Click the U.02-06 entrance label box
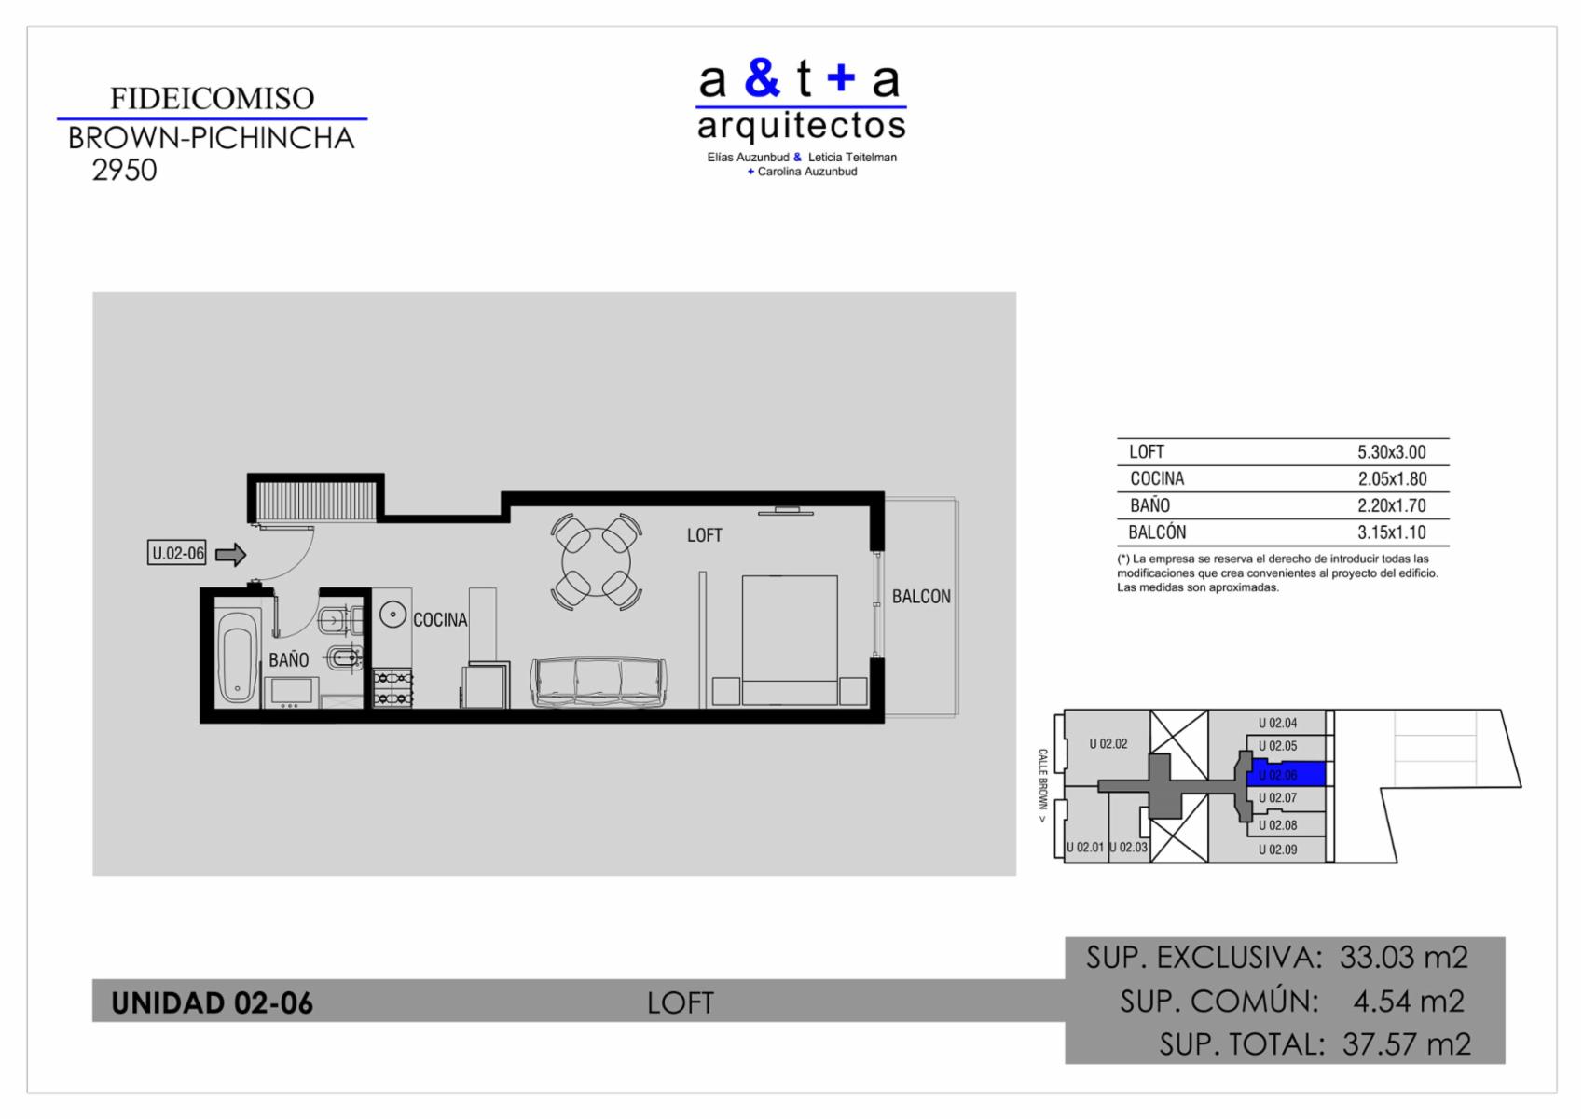pyautogui.click(x=177, y=553)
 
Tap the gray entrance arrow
pyautogui.click(x=230, y=555)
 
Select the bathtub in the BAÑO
pyautogui.click(x=237, y=656)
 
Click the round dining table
pyautogui.click(x=596, y=562)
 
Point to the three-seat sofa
pyautogui.click(x=599, y=683)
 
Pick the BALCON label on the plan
pyautogui.click(x=921, y=597)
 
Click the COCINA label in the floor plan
pyautogui.click(x=440, y=620)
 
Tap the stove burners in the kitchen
pyautogui.click(x=392, y=688)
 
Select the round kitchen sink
pyautogui.click(x=392, y=615)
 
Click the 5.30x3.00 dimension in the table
pyautogui.click(x=1392, y=451)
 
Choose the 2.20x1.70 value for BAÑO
pyautogui.click(x=1392, y=505)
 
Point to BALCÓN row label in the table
pyautogui.click(x=1157, y=532)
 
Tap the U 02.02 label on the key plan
pyautogui.click(x=1108, y=743)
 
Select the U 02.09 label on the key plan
pyautogui.click(x=1278, y=850)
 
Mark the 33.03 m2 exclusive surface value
pyautogui.click(x=1403, y=958)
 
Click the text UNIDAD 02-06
pyautogui.click(x=212, y=1003)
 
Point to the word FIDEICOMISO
pyautogui.click(x=212, y=98)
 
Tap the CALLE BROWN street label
pyautogui.click(x=1042, y=785)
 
